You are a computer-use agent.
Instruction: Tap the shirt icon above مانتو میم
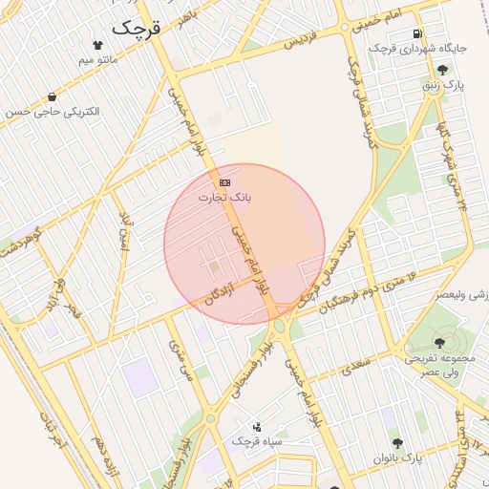point(97,45)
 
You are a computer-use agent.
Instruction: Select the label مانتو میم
point(98,60)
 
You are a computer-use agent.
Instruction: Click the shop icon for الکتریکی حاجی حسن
point(51,96)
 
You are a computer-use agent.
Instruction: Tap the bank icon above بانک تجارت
point(224,181)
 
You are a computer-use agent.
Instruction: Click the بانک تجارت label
point(224,198)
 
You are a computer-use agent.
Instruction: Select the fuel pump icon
point(418,33)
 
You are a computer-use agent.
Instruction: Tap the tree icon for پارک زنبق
point(441,69)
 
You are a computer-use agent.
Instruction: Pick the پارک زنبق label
point(444,84)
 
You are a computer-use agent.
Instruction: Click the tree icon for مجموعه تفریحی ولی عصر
point(439,342)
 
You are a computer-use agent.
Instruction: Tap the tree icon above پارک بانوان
point(397,443)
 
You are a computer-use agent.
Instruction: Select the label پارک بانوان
point(398,458)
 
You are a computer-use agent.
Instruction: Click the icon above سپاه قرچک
point(257,427)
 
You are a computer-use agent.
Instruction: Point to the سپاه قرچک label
point(257,443)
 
